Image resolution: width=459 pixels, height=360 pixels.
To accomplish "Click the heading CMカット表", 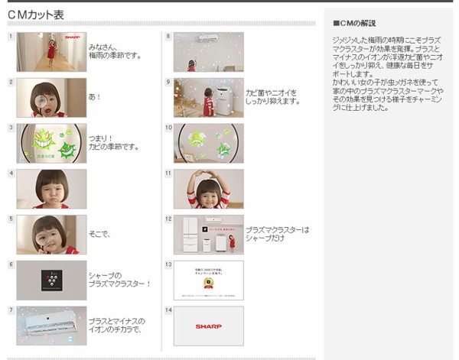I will pos(36,15).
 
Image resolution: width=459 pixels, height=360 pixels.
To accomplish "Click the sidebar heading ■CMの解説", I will pos(354,23).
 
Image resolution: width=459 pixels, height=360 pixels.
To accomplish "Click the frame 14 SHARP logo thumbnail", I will pos(208,326).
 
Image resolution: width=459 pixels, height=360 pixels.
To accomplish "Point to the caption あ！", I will pos(95,97).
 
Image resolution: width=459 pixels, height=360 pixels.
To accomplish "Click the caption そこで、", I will pos(99,234).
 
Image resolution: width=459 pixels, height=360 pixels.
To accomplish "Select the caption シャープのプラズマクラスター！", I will pos(119,280).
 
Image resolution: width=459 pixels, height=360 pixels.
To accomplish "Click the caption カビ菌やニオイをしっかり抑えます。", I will pos(272,97).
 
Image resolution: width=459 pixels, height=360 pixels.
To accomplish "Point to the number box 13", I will pos(168,264).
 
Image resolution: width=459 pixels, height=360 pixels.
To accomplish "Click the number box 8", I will pos(168,36).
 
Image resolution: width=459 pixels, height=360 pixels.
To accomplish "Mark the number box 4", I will pos(11,173).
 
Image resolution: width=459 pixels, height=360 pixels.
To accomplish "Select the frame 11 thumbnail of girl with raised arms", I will pos(208,189).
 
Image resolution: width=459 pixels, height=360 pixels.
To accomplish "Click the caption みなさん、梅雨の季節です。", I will pos(115,52).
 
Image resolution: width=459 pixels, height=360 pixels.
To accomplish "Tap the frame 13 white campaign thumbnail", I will pos(208,280).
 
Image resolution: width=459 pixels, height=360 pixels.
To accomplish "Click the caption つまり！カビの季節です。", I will pos(113,143).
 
